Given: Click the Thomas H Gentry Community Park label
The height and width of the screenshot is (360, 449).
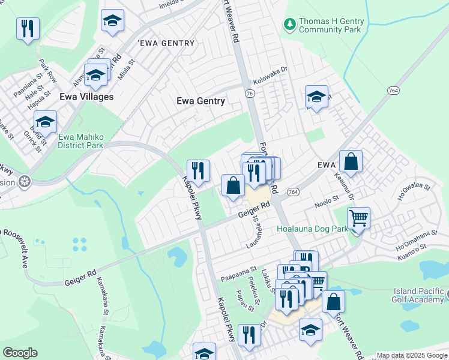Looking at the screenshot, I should tap(331, 25).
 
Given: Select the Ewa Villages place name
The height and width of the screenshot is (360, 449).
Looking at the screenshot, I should tap(86, 97).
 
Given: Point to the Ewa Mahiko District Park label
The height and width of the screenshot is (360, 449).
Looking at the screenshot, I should tap(80, 141).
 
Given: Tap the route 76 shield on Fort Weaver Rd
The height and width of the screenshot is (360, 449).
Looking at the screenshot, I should tap(250, 94).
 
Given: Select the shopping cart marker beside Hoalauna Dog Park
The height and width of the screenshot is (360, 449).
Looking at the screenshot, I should tap(358, 219).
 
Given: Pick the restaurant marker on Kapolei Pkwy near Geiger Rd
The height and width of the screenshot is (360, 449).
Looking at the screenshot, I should tap(198, 171).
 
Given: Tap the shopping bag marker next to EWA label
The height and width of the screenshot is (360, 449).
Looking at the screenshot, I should tap(351, 161).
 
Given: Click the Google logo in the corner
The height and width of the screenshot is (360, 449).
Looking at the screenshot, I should tap(20, 353).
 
